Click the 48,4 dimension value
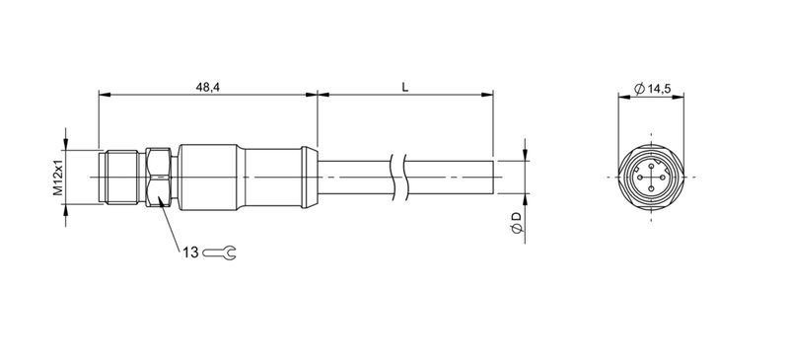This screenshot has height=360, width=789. click(x=208, y=88)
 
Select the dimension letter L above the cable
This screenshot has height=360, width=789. click(x=404, y=88)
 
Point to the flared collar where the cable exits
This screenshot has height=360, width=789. click(x=309, y=177)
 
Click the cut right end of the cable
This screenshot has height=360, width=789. click(x=490, y=177)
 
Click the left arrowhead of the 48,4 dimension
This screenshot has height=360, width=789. click(x=104, y=96)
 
